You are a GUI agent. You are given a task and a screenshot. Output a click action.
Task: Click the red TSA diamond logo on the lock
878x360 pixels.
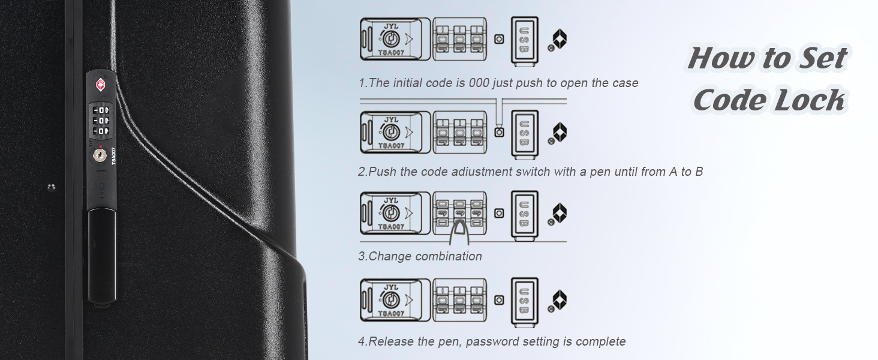coord(101,85)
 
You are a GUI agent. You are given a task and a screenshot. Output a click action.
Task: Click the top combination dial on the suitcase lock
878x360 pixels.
coord(101,110)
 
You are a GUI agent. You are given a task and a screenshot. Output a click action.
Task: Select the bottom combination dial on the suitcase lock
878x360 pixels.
coord(101,131)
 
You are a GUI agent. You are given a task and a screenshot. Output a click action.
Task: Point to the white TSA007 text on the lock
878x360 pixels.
coord(114,155)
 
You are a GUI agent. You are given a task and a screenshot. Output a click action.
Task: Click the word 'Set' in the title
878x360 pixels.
coord(822,58)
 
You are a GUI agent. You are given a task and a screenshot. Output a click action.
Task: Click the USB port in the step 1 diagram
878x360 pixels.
coord(524,40)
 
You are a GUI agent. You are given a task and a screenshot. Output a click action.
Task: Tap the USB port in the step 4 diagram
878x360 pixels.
coord(524,301)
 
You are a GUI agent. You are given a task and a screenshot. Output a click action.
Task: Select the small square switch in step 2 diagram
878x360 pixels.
coord(499,132)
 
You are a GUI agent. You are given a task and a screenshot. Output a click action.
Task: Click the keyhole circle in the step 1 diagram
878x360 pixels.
coord(390,39)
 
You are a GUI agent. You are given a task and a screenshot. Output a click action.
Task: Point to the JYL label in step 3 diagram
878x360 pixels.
coord(391,200)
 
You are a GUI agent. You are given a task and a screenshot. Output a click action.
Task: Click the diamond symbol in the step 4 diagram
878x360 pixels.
coord(560,299)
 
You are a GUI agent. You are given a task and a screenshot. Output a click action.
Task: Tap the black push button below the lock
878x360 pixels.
coord(103,256)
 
